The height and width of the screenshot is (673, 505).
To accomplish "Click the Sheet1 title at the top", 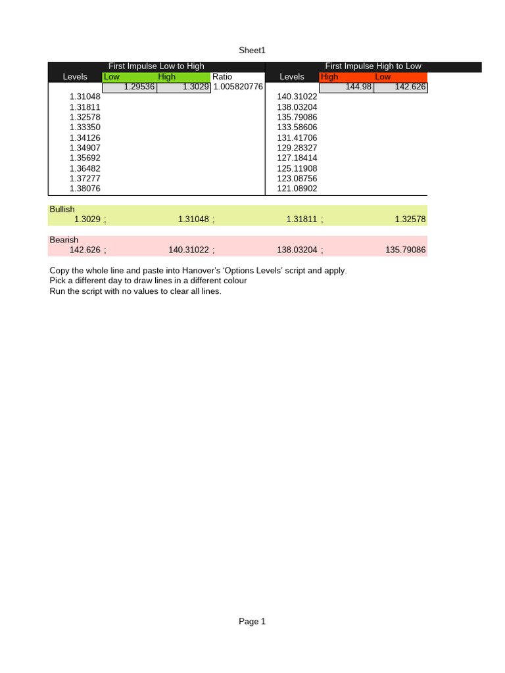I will coord(252,51).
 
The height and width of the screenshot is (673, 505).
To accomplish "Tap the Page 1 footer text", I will coord(252,621).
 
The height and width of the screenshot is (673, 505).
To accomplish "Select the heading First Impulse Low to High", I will coord(156,66).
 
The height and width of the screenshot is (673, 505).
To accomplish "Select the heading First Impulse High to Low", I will coord(373,66).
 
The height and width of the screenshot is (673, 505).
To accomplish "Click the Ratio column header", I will coord(222,77).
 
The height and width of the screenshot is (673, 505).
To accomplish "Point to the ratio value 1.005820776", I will coord(238,87).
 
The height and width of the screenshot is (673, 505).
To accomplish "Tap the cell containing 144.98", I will coord(359,87).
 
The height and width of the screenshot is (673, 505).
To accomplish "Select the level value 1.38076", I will coord(85,189).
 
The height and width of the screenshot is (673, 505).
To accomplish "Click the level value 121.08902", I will coord(297,189).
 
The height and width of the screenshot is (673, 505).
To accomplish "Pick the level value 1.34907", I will coord(85,148).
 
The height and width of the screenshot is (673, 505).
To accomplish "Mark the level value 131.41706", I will coord(297,137).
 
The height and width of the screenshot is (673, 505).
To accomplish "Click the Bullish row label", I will coord(62,209).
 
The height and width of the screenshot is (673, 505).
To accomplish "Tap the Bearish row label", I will coord(64,240).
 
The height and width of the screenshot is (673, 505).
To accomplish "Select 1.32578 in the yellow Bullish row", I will coord(410,220).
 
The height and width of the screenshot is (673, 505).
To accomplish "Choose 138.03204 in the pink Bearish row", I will coord(302,250).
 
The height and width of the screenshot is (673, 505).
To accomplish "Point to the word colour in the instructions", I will coord(233,281).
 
